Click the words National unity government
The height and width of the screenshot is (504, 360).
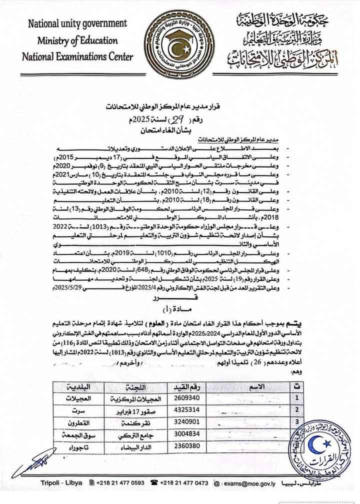(x=77, y=23)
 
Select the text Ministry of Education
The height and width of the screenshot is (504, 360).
(x=77, y=40)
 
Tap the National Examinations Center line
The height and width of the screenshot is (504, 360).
(x=77, y=56)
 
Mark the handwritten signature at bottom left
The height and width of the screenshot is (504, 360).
(x=35, y=462)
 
